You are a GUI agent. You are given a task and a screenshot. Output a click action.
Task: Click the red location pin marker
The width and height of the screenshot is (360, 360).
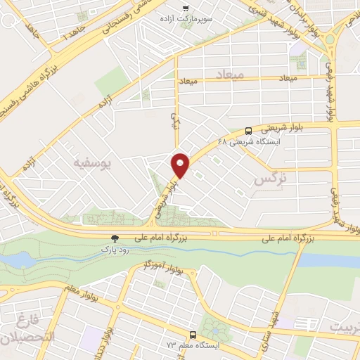tap(181, 165)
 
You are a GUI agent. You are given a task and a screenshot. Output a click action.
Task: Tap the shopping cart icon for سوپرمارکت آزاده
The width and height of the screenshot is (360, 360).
tap(186, 8)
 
